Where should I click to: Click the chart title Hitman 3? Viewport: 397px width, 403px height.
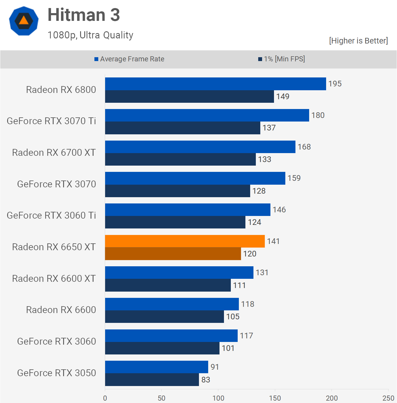click(84, 15)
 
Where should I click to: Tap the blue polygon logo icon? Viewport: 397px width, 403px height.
click(24, 21)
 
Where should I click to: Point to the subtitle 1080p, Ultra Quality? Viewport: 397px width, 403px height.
click(90, 35)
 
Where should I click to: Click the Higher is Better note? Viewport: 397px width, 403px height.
click(358, 41)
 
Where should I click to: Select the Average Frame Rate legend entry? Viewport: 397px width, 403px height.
click(130, 59)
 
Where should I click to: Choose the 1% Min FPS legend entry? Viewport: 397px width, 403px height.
click(282, 59)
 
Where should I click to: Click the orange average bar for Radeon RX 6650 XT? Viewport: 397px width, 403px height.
click(185, 241)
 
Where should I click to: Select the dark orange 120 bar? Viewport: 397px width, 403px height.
click(173, 254)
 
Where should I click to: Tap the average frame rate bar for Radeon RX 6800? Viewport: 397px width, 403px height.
click(215, 84)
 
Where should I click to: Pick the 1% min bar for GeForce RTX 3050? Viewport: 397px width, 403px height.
click(152, 380)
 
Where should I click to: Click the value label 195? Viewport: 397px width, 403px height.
click(335, 84)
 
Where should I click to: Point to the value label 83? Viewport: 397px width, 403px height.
click(206, 380)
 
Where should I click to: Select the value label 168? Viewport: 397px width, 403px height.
click(304, 147)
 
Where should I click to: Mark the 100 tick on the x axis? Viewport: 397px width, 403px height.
click(218, 398)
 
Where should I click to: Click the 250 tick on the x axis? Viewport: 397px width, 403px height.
click(388, 398)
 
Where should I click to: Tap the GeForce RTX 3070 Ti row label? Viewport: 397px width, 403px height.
click(51, 121)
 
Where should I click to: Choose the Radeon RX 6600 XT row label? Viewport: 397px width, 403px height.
click(54, 278)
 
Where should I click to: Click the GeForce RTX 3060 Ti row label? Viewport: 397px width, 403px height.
click(51, 215)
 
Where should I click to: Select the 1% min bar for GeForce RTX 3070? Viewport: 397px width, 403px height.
click(178, 191)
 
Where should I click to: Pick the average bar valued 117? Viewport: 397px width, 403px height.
click(171, 336)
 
